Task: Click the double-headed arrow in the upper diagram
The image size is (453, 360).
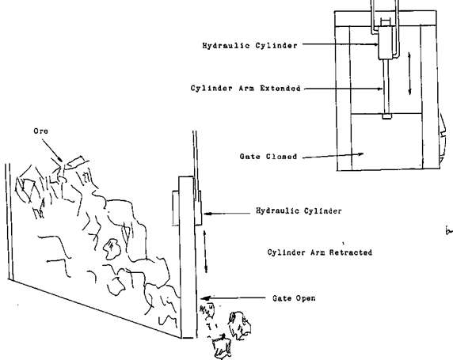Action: pos(409,73)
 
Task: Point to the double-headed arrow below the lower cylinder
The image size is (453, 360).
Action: pos(207,248)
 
